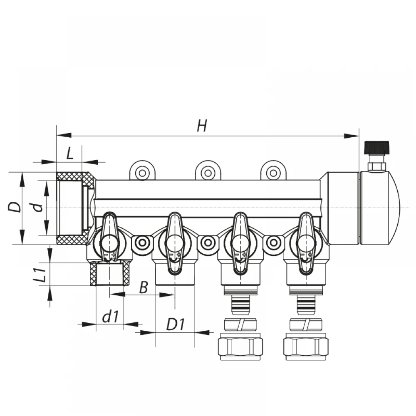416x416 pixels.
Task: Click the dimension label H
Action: (x=202, y=126)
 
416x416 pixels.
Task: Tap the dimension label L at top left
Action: (x=70, y=153)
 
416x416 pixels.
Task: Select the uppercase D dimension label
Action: (x=15, y=207)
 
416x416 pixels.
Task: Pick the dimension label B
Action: (x=144, y=287)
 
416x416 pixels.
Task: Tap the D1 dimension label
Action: (x=176, y=324)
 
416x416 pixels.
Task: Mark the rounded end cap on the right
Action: (x=380, y=208)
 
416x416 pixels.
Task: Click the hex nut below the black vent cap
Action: (x=376, y=167)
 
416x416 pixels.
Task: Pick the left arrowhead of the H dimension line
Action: (x=64, y=135)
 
